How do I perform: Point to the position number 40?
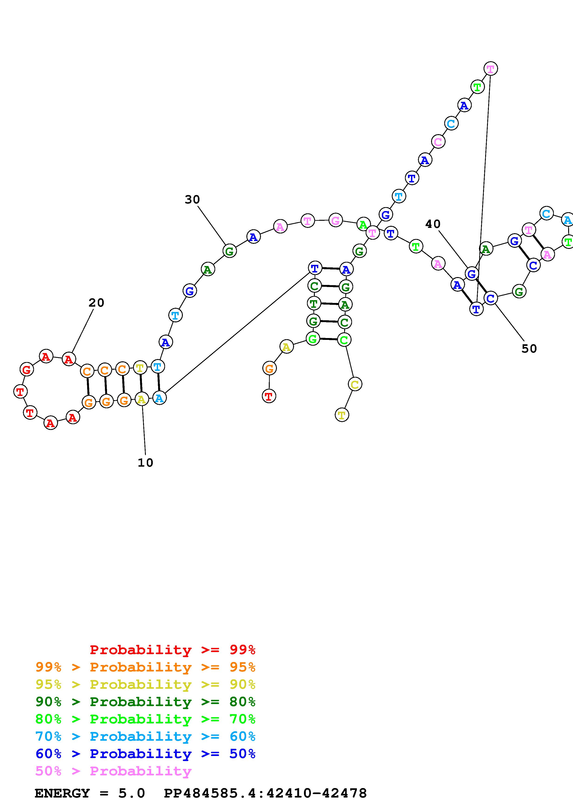tap(433, 224)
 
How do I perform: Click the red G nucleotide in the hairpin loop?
tap(27, 370)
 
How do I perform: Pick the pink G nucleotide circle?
tap(335, 221)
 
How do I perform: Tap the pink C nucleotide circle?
tap(438, 142)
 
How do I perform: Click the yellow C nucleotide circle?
tap(355, 384)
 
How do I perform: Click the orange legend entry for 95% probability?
tap(145, 667)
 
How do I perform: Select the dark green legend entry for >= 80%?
tap(145, 702)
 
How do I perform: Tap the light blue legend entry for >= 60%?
tap(145, 736)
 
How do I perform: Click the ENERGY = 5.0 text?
tap(90, 793)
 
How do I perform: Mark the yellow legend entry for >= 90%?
tap(145, 684)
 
